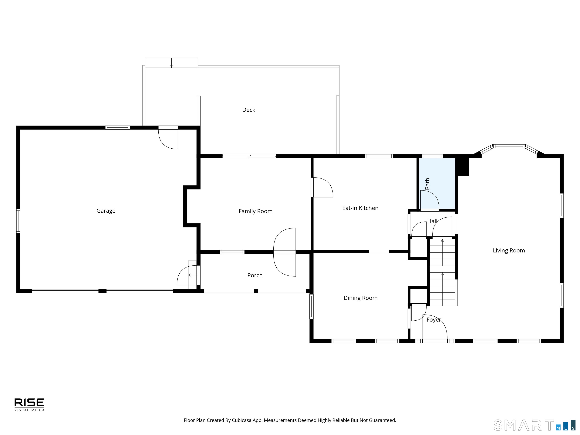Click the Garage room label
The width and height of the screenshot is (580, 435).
point(106,211)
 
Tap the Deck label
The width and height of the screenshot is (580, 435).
point(249,110)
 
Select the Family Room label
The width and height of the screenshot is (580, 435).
point(255,211)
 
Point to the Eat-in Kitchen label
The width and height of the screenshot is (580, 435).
point(360,208)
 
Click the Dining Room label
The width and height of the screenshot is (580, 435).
point(361,298)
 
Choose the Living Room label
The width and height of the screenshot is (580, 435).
point(509,250)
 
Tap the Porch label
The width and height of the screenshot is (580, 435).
point(255,275)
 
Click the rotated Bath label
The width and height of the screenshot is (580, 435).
point(427,184)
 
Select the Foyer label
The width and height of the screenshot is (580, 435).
point(434,320)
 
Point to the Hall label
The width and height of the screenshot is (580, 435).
point(432,221)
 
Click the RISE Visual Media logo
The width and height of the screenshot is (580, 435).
point(29,405)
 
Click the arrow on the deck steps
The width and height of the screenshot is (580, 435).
point(171,63)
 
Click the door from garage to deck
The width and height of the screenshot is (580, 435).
point(168,137)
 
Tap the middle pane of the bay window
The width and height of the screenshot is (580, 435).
point(509,146)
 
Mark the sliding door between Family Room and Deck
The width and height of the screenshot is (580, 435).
point(249,156)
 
